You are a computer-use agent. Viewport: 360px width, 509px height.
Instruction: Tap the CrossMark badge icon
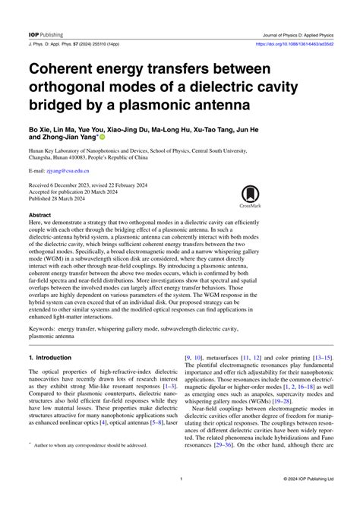tap(250, 197)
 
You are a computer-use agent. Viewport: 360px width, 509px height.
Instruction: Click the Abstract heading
tap(41, 215)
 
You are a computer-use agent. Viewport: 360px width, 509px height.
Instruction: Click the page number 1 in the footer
tap(180, 479)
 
